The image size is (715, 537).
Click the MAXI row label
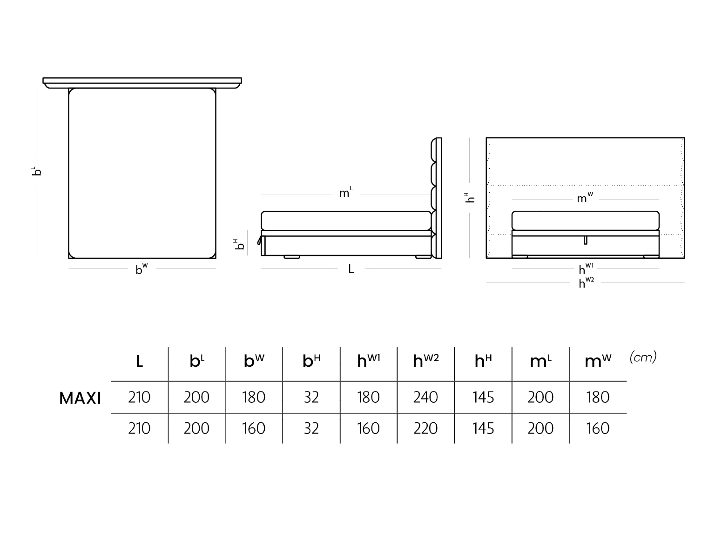pyautogui.click(x=80, y=398)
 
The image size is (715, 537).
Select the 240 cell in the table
pyautogui.click(x=425, y=397)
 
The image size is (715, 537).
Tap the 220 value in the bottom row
pyautogui.click(x=425, y=428)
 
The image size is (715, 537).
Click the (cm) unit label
pyautogui.click(x=643, y=358)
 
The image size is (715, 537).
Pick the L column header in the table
pyautogui.click(x=140, y=361)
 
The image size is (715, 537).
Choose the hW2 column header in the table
pyautogui.click(x=426, y=361)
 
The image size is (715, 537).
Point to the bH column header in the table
pyautogui.click(x=311, y=361)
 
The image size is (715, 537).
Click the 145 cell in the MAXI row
pyautogui.click(x=483, y=397)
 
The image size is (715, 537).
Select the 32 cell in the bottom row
pyautogui.click(x=311, y=428)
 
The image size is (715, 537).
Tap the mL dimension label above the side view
pyautogui.click(x=346, y=193)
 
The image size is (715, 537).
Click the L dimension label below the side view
pyautogui.click(x=351, y=268)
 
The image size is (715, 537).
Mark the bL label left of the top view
pyautogui.click(x=36, y=171)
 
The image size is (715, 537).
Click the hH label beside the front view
pyautogui.click(x=469, y=198)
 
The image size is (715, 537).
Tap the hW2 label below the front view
pyautogui.click(x=587, y=282)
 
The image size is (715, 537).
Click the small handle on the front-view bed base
pyautogui.click(x=585, y=240)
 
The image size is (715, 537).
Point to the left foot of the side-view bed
pyautogui.click(x=291, y=257)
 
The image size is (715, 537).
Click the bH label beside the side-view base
pyautogui.click(x=239, y=244)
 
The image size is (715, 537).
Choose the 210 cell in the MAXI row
pyautogui.click(x=139, y=397)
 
